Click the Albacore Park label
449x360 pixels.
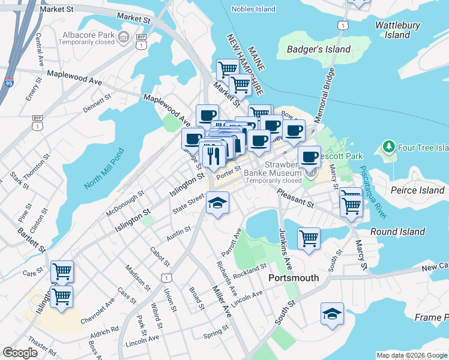pos(89,34)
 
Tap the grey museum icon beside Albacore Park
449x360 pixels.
pos(124,38)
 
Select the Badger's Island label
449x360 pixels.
pos(319,49)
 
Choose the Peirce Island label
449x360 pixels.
pos(417,190)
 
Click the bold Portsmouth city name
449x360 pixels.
pos(294,278)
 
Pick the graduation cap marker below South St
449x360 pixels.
pos(332,314)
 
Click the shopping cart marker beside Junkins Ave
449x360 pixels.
pos(309,238)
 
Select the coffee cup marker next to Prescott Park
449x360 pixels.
pos(309,157)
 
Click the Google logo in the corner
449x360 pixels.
pos(20,353)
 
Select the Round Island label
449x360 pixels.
pos(397,232)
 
